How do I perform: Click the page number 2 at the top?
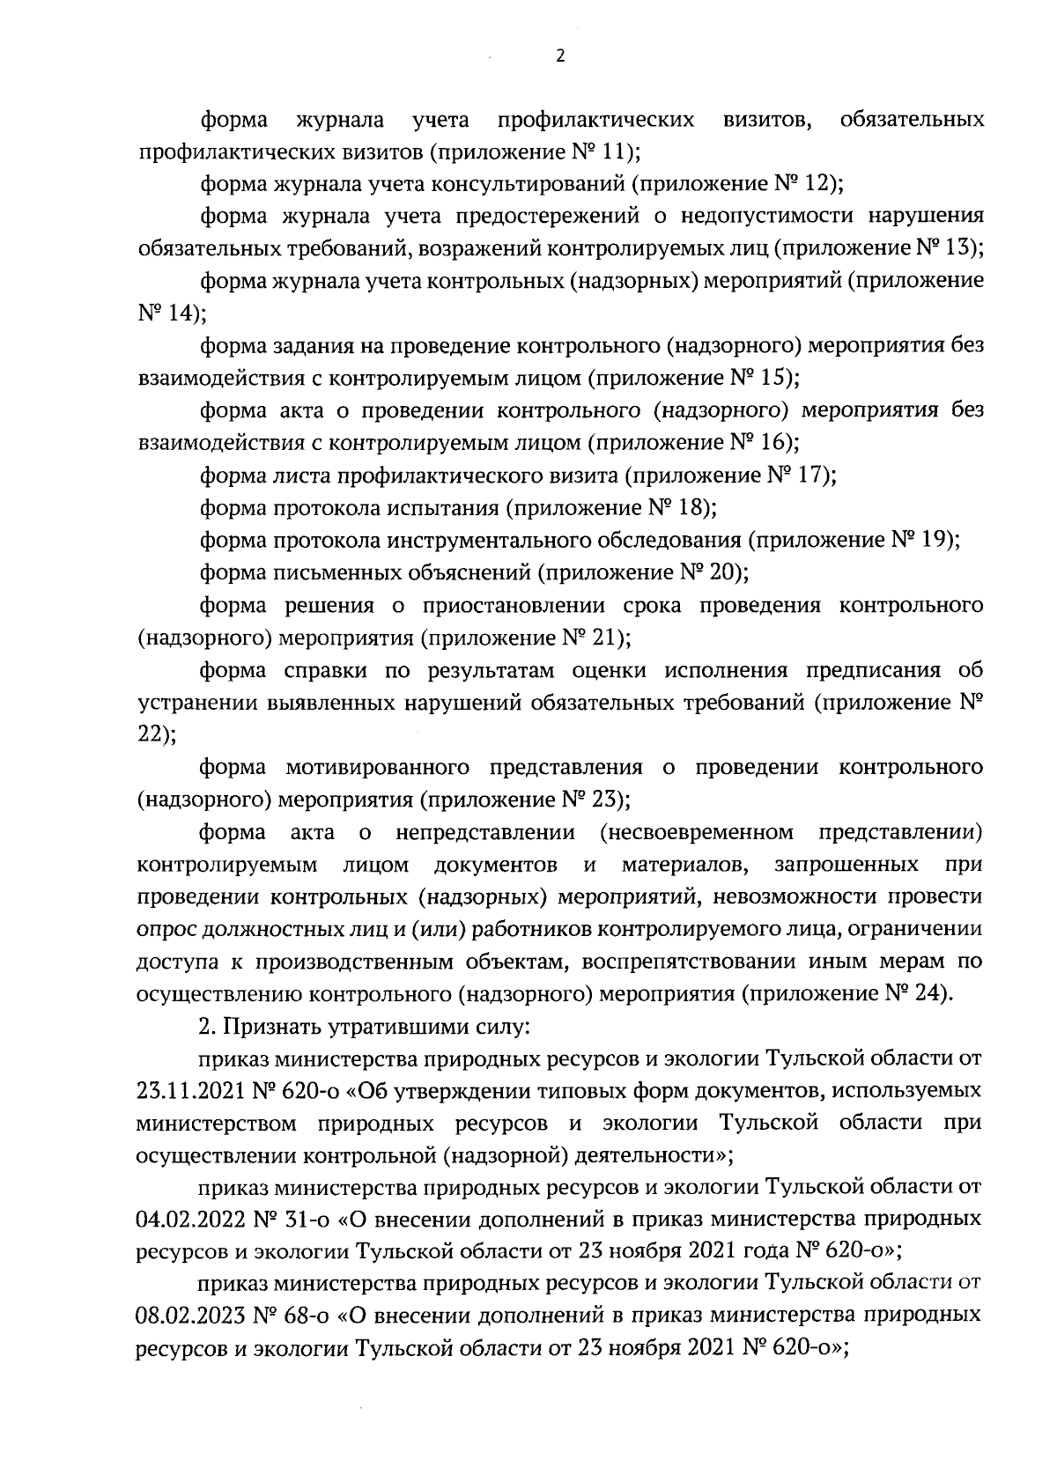click(x=560, y=57)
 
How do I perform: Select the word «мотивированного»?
click(x=378, y=768)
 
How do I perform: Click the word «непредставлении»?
click(x=485, y=832)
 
